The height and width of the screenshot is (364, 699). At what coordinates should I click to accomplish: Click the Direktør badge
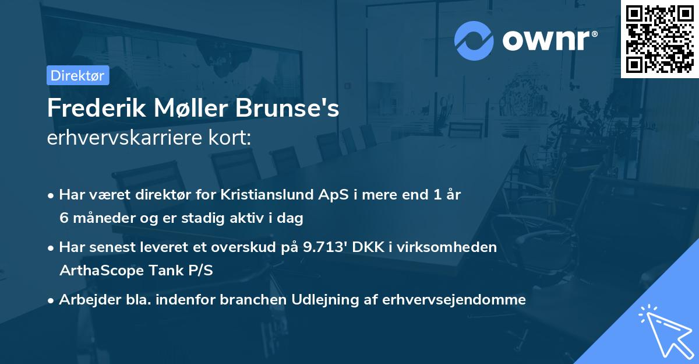[x=77, y=75]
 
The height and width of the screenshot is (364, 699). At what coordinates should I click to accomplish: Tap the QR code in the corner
[x=659, y=38]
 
